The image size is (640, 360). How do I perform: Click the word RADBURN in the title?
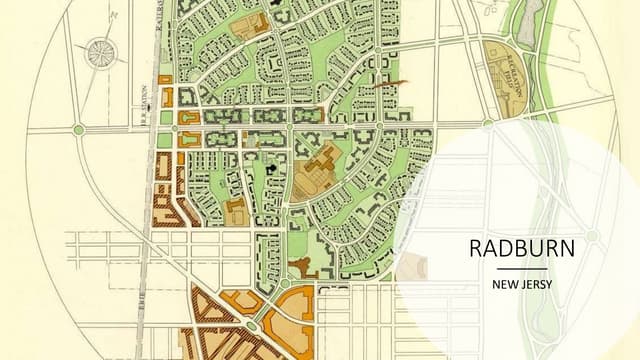coord(522,249)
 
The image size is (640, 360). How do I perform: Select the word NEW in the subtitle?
coord(505,284)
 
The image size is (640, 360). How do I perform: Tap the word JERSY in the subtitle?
coord(536,284)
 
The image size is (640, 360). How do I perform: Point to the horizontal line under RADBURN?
coord(522,268)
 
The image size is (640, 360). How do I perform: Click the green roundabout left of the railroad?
coord(78,129)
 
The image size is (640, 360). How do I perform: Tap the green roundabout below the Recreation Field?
coord(487,124)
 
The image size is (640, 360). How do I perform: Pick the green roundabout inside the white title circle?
coord(592,235)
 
